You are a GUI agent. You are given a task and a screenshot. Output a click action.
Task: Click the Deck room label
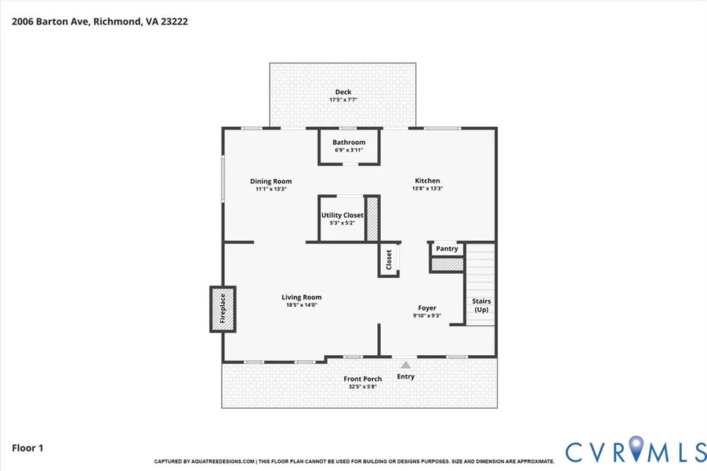[343, 92]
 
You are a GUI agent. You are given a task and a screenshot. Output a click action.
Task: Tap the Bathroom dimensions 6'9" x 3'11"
[348, 150]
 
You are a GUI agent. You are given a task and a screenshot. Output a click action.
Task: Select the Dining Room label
[271, 181]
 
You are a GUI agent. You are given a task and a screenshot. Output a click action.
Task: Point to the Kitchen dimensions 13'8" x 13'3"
[428, 188]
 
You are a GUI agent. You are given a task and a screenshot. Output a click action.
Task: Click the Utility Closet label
[342, 215]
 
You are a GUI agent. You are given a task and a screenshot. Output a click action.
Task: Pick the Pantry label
[447, 248]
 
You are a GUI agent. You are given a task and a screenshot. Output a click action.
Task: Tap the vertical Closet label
[388, 260]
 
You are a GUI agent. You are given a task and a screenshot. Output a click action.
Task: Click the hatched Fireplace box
[223, 309]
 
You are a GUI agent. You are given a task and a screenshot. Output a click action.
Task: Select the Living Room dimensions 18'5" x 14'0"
[301, 305]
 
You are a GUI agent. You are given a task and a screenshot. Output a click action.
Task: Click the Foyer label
[427, 308]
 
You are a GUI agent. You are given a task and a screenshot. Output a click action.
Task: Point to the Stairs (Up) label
[481, 305]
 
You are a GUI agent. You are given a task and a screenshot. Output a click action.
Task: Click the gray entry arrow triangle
[406, 365]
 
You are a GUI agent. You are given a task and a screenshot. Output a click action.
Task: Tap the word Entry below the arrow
[406, 377]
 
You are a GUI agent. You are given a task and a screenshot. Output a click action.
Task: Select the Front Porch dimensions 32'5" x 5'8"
[363, 387]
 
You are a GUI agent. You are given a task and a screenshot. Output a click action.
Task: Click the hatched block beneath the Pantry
[447, 265]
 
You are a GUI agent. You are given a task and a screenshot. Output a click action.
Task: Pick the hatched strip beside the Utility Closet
[372, 219]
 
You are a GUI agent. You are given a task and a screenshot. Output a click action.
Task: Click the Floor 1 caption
[28, 448]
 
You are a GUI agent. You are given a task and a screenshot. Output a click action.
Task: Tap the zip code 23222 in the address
[174, 21]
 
